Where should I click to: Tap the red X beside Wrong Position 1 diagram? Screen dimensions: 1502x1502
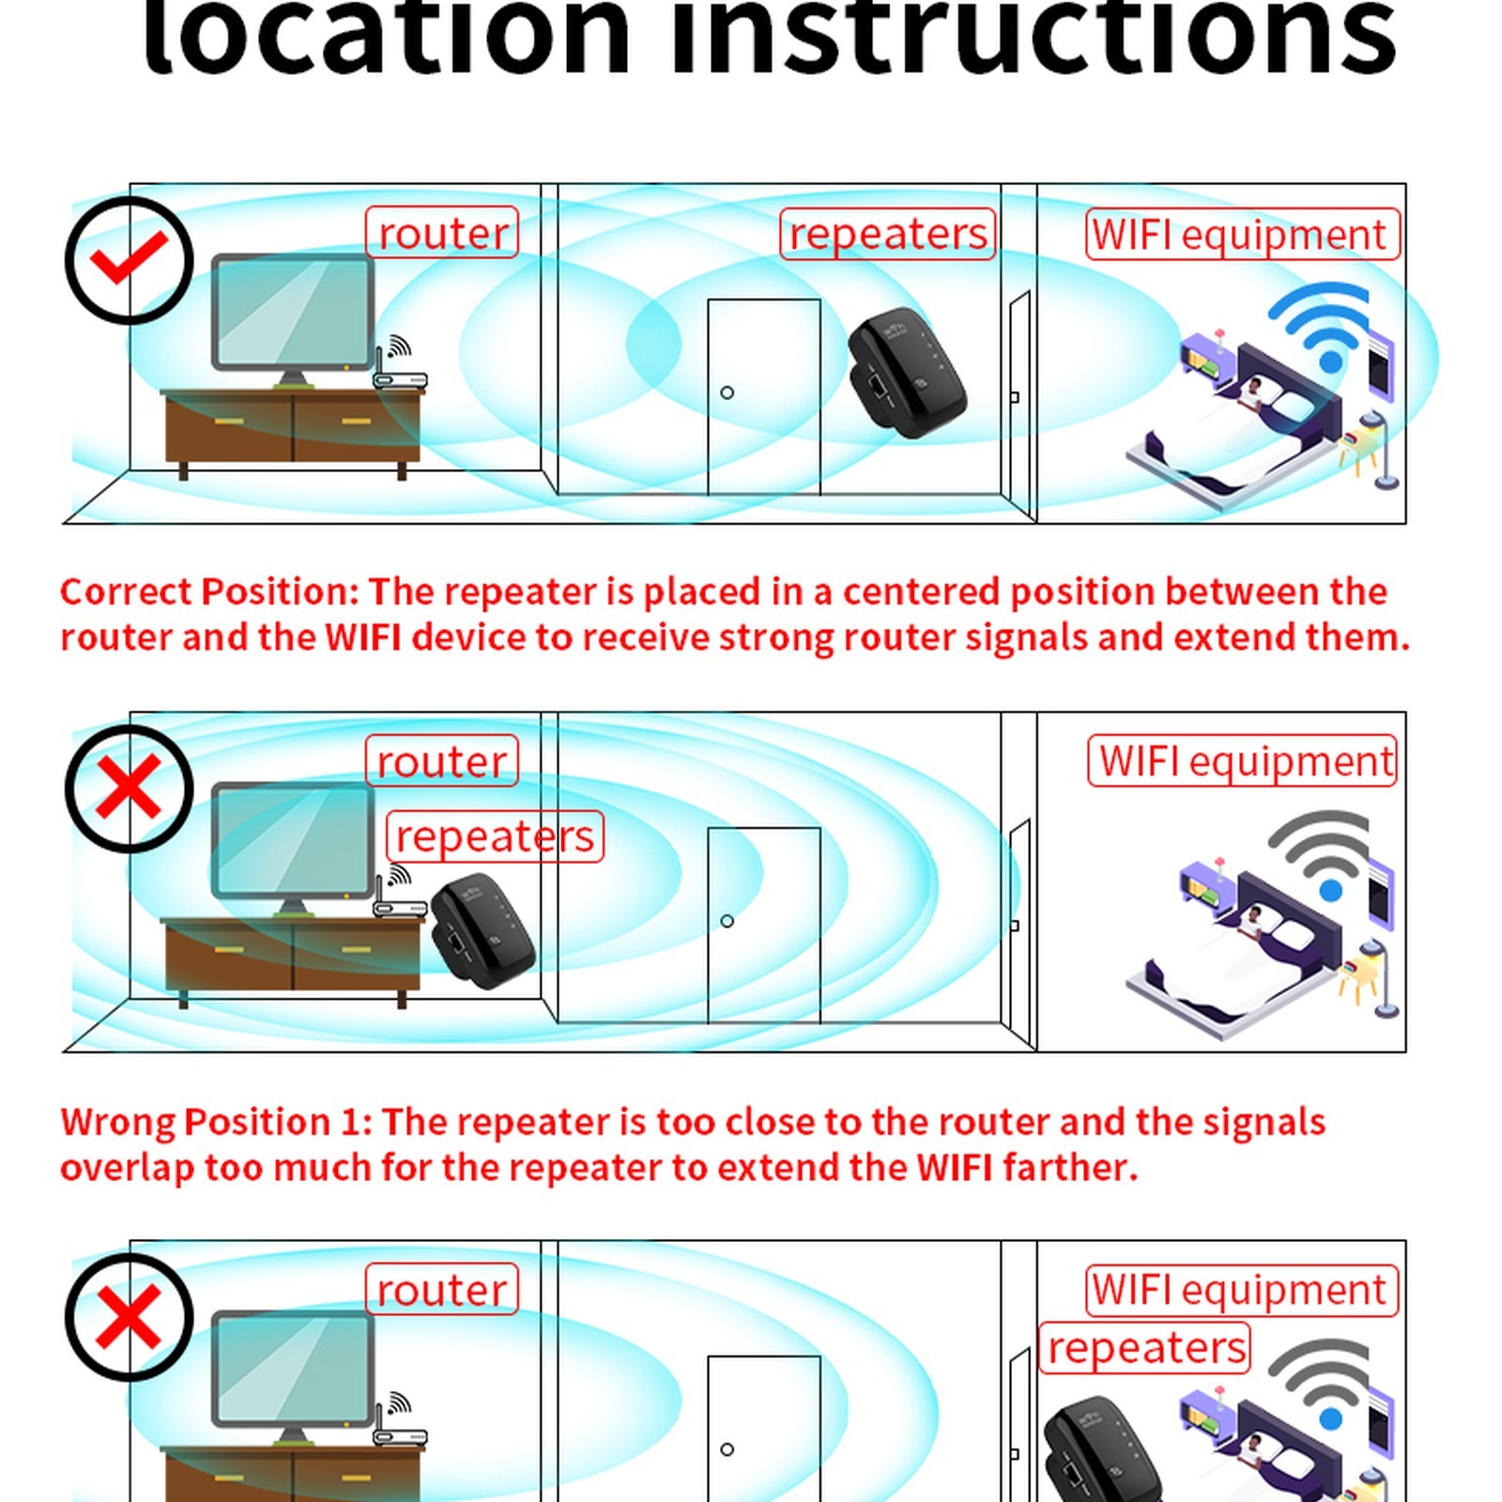(129, 789)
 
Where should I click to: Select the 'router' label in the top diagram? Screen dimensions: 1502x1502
(442, 232)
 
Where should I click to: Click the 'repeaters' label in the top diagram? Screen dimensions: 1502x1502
(887, 234)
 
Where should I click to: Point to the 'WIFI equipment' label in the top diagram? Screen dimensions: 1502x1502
(1242, 235)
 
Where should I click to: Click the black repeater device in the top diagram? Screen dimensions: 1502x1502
(907, 373)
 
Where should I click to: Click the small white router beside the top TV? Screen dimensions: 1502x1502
(400, 367)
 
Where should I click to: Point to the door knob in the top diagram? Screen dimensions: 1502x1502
(727, 392)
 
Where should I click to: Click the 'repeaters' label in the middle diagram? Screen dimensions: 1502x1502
(495, 836)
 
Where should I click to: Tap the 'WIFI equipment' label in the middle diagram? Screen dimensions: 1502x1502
(1242, 760)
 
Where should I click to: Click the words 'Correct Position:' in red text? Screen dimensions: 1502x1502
(209, 591)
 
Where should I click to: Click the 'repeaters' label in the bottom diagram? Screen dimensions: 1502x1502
(1145, 1348)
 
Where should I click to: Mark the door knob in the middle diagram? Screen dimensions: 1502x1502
(727, 921)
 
